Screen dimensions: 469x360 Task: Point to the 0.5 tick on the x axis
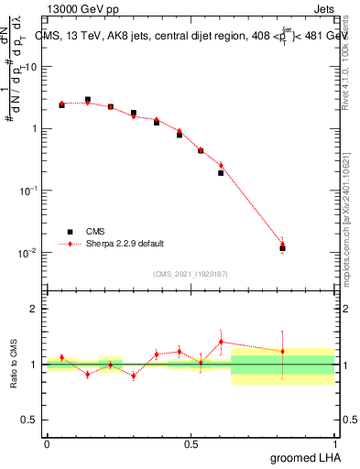(191, 443)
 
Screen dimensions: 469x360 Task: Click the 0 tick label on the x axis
(47, 443)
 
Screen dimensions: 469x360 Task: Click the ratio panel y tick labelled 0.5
(32, 420)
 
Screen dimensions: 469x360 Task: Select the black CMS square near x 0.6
(221, 172)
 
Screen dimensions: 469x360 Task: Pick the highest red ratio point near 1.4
(221, 342)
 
